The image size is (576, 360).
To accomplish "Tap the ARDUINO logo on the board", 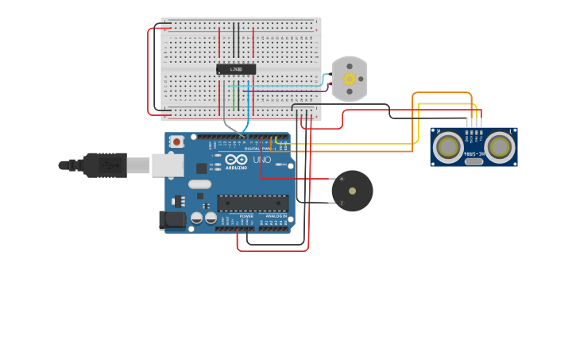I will (236, 168).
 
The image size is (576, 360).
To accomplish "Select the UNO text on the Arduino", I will (262, 160).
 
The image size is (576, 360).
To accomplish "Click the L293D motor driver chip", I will (236, 69).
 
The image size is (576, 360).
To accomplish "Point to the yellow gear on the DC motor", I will (350, 79).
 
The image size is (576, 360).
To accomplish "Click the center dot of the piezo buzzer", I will (352, 191).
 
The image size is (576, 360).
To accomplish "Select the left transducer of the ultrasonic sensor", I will (449, 146).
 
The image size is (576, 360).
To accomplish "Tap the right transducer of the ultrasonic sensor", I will (499, 146).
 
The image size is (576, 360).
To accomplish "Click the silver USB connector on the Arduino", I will (168, 165).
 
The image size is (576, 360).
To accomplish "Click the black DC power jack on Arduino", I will (172, 220).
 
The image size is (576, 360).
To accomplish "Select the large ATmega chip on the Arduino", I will (253, 203).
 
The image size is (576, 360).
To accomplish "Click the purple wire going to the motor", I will (286, 91).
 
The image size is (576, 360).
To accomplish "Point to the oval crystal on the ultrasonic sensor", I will (474, 161).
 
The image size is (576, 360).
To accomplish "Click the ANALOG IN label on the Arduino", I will (276, 215).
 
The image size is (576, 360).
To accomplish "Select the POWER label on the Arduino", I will (247, 215).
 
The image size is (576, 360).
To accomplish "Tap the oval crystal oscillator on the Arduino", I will (199, 184).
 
